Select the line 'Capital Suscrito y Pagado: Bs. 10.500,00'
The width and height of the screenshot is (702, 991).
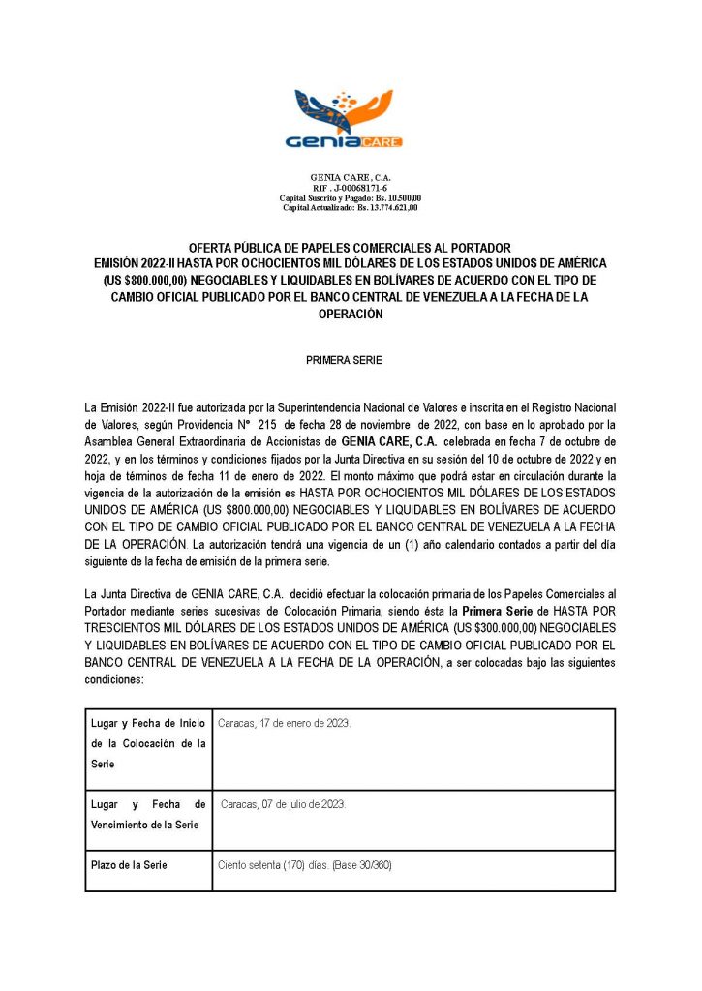point(350,197)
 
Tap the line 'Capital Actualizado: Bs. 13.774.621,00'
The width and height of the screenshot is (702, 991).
point(350,207)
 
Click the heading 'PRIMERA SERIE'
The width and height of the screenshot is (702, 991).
point(350,360)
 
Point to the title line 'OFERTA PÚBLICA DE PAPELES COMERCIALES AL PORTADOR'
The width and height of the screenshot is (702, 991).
point(350,248)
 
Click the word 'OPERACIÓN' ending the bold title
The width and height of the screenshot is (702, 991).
point(350,314)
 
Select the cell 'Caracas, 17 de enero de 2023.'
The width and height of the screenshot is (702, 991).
point(285,724)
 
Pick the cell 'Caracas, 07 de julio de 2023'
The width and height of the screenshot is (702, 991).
point(283,805)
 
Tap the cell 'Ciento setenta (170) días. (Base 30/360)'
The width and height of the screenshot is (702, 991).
point(305,865)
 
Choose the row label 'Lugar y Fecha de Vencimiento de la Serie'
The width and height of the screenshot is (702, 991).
point(148,815)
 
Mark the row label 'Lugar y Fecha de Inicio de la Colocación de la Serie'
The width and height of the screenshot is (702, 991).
point(148,743)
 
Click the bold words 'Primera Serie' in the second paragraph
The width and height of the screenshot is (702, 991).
point(496,612)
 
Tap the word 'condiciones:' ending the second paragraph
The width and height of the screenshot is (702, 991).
point(115,679)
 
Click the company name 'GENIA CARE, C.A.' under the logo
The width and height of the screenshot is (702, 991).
point(350,177)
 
